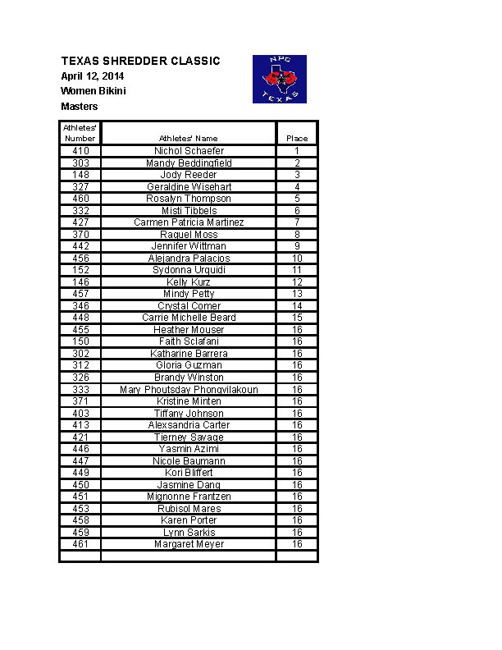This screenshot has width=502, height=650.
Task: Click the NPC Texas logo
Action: pos(279,79)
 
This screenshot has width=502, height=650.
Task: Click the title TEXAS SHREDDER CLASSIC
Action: pos(140,62)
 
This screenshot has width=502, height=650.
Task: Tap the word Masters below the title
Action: pos(80,107)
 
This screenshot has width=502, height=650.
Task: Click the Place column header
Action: pos(297,139)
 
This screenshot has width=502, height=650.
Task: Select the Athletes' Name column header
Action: pos(189,139)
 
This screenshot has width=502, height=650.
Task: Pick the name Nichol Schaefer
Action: pos(189,151)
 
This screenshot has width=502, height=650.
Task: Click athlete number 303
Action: pos(80,163)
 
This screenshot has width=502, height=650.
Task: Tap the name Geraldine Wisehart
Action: pos(189,187)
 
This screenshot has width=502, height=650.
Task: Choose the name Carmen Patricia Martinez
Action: pos(189,222)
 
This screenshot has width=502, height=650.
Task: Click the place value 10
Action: pos(297,259)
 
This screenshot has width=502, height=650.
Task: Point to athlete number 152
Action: pos(80,270)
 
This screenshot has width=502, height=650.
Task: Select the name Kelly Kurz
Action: pos(189,282)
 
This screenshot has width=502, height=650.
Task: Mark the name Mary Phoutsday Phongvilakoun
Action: pos(189,390)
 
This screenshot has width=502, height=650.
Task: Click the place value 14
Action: pos(297,306)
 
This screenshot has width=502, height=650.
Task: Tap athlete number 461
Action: pos(80,544)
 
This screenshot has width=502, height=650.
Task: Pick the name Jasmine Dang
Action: pos(189,485)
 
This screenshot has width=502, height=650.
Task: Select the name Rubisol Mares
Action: pos(189,509)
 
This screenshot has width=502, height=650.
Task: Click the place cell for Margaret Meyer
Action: pos(297,544)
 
